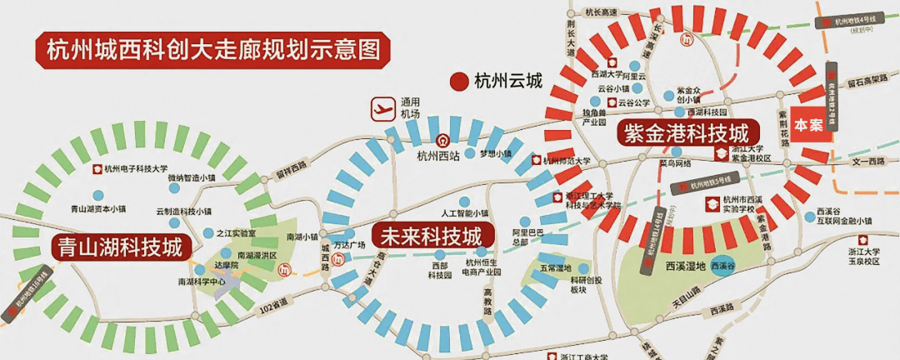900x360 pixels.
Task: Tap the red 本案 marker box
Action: point(808,124)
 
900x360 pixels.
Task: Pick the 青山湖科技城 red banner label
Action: point(119,246)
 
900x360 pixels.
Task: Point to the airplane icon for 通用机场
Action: point(382,108)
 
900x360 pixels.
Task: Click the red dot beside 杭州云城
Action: point(458,81)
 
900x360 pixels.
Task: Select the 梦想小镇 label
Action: point(497,154)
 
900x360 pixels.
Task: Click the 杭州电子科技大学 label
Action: point(136,167)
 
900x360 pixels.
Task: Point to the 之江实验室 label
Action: point(235,234)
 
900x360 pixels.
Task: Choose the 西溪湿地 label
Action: point(685,267)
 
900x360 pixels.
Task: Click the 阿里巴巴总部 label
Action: point(527,237)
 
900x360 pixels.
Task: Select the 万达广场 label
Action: point(349,245)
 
